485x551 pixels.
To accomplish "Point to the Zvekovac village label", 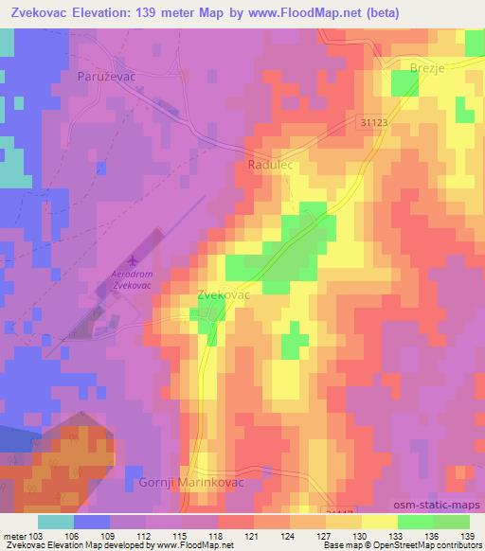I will pos(223,294).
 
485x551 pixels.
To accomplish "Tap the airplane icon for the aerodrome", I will pos(133,258).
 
